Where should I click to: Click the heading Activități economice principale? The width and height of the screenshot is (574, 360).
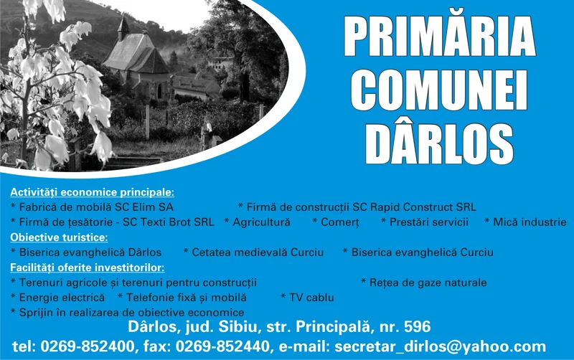click(92, 193)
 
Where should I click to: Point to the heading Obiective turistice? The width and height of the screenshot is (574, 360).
click(59, 237)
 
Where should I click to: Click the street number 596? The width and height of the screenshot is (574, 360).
click(417, 327)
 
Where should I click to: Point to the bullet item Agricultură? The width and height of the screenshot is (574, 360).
click(261, 222)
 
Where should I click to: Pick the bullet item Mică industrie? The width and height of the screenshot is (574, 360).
click(530, 222)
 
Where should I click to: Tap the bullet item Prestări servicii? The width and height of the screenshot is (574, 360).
click(428, 222)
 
